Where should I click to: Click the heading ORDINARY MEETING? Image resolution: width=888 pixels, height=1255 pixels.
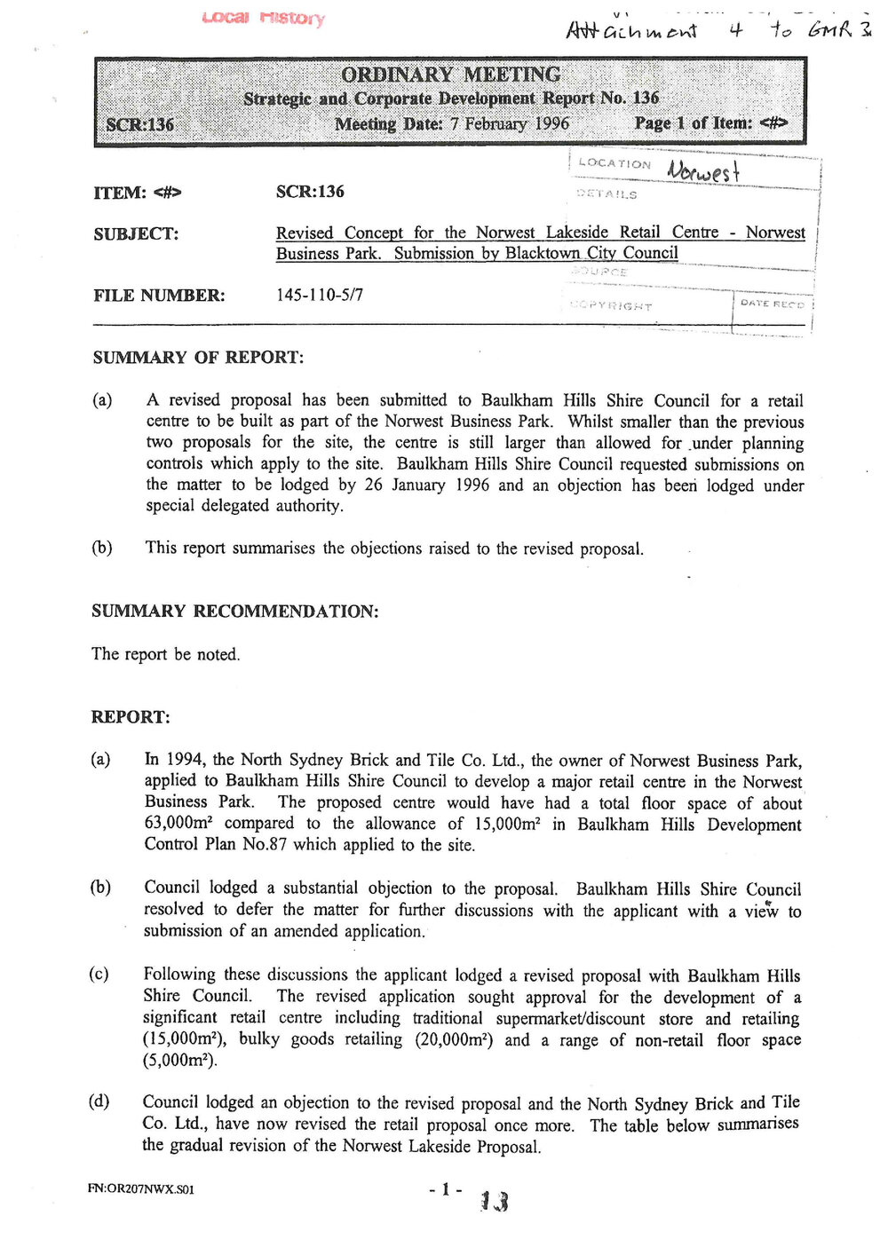[450, 75]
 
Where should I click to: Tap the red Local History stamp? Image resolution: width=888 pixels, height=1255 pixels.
[263, 18]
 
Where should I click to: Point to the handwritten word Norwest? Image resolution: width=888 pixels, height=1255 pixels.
[703, 170]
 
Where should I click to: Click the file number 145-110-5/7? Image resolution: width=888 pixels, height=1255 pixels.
[320, 295]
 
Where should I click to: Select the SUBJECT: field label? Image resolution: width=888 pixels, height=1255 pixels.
[136, 234]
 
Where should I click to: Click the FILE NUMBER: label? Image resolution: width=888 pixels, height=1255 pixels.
[159, 296]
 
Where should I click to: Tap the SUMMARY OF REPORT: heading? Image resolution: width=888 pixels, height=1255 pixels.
[198, 358]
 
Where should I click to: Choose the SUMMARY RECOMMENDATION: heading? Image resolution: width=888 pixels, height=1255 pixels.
[234, 612]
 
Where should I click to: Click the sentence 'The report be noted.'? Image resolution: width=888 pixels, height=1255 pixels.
[165, 655]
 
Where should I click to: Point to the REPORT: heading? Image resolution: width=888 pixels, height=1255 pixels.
[131, 717]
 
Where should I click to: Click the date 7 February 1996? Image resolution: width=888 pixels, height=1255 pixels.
[510, 123]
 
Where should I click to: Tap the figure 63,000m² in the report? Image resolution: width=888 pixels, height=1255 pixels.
[176, 824]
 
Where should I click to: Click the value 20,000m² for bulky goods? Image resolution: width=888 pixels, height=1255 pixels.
[454, 1040]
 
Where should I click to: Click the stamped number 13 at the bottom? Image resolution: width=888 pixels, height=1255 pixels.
[494, 1201]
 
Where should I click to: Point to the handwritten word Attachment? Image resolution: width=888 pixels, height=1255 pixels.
[631, 31]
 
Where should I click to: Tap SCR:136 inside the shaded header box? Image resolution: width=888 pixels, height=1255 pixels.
[140, 124]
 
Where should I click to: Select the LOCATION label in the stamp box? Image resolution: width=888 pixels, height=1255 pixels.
[614, 163]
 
